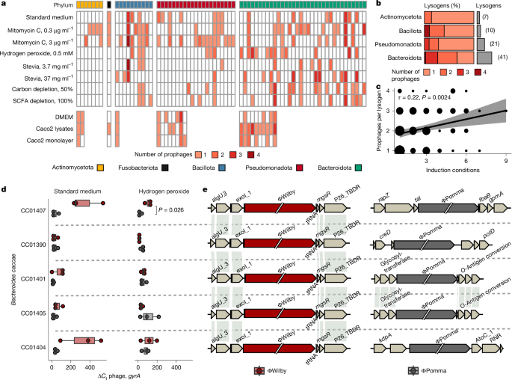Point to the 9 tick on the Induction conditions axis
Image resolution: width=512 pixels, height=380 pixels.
tap(506, 160)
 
